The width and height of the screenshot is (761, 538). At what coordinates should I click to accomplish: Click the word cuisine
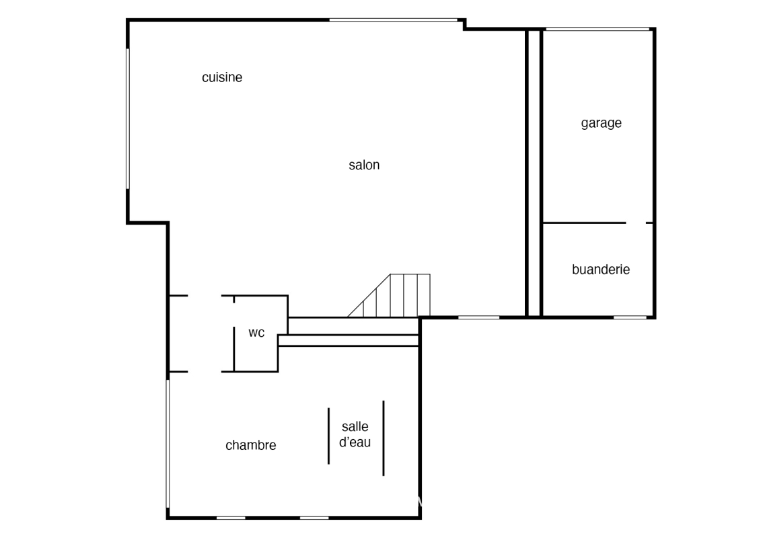click(x=222, y=77)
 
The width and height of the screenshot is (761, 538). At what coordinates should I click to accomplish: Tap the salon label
click(x=364, y=165)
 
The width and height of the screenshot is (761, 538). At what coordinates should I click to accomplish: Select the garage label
click(x=602, y=123)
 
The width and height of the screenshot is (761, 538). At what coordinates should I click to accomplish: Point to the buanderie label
click(x=601, y=269)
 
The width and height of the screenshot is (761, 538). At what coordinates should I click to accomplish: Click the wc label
click(x=256, y=333)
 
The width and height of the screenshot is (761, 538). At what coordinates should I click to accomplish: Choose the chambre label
click(x=251, y=445)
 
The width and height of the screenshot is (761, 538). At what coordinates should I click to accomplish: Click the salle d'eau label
click(x=355, y=434)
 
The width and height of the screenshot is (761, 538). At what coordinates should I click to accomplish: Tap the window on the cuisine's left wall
click(x=128, y=118)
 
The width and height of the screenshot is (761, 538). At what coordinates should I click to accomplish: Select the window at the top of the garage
click(x=597, y=29)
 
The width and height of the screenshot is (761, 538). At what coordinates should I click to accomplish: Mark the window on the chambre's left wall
click(x=168, y=443)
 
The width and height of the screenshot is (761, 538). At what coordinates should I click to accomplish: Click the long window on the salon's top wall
click(x=394, y=20)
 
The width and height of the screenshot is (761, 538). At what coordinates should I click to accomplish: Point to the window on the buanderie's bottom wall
click(x=630, y=317)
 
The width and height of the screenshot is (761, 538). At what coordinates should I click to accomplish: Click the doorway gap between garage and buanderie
click(x=636, y=223)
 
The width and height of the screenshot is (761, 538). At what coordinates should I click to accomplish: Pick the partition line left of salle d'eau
click(x=328, y=436)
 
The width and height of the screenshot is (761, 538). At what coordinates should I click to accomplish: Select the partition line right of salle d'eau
click(x=384, y=438)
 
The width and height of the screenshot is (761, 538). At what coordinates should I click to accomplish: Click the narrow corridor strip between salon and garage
click(x=534, y=173)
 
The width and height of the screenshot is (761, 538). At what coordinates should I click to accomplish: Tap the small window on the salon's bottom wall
click(x=479, y=317)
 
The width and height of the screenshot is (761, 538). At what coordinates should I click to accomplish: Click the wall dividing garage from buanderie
click(x=584, y=223)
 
